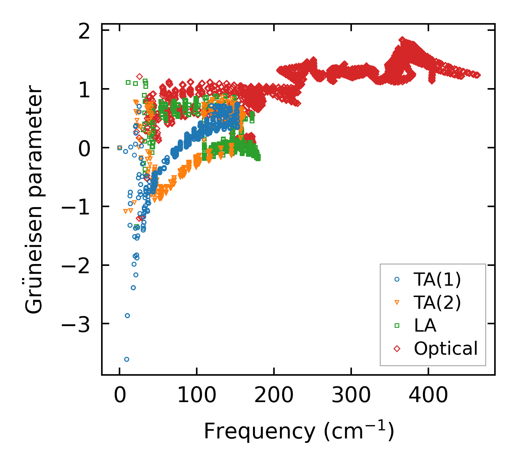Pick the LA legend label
[x=425, y=325]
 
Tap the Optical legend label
[x=446, y=348]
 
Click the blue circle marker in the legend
[x=397, y=279]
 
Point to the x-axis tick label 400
[x=428, y=396]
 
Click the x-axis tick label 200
[x=274, y=396]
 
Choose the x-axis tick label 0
[x=120, y=396]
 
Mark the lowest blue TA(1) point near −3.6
[x=126, y=359]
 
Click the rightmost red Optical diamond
[x=478, y=75]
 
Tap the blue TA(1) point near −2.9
[x=127, y=315]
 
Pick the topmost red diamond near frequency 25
[x=139, y=76]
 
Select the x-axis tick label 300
[x=351, y=396]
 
